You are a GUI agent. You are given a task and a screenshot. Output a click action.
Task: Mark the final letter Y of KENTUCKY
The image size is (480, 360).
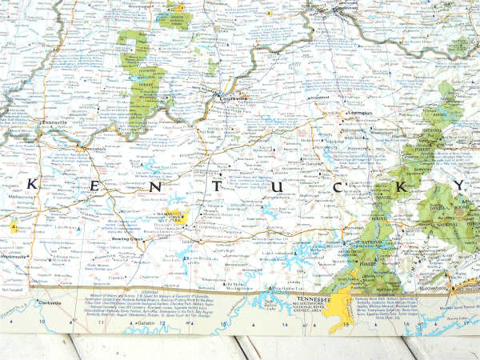[x=458, y=189]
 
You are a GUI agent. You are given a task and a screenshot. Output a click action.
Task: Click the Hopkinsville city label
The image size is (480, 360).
[x=14, y=257]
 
